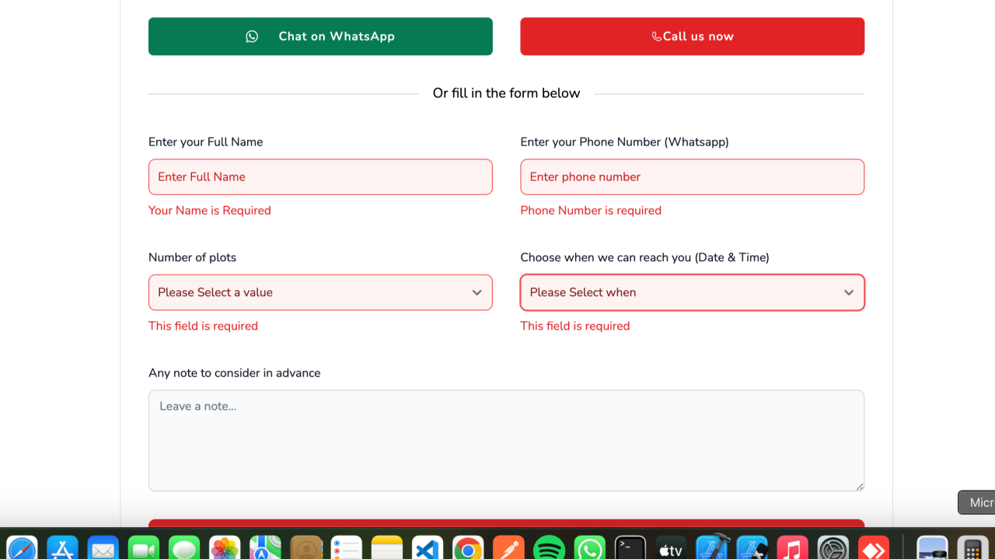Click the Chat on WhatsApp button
coord(320,37)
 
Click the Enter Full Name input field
coord(320,176)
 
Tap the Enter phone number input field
coord(692,176)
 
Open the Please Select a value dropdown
coord(320,292)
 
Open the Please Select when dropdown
coord(692,292)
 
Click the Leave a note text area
coord(506,440)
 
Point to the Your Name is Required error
coord(210,211)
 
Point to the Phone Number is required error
coord(591,211)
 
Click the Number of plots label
coord(192,257)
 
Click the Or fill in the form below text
coord(506,93)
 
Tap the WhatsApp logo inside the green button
coord(252,37)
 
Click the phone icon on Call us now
coord(657,37)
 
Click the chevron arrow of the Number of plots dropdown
coord(477,292)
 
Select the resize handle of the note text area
coord(860,487)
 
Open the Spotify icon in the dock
coord(549,548)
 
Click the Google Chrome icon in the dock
coord(468,548)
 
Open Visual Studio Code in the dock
coord(428,548)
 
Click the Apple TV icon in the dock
coord(671,548)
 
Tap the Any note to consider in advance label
coord(235,373)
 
